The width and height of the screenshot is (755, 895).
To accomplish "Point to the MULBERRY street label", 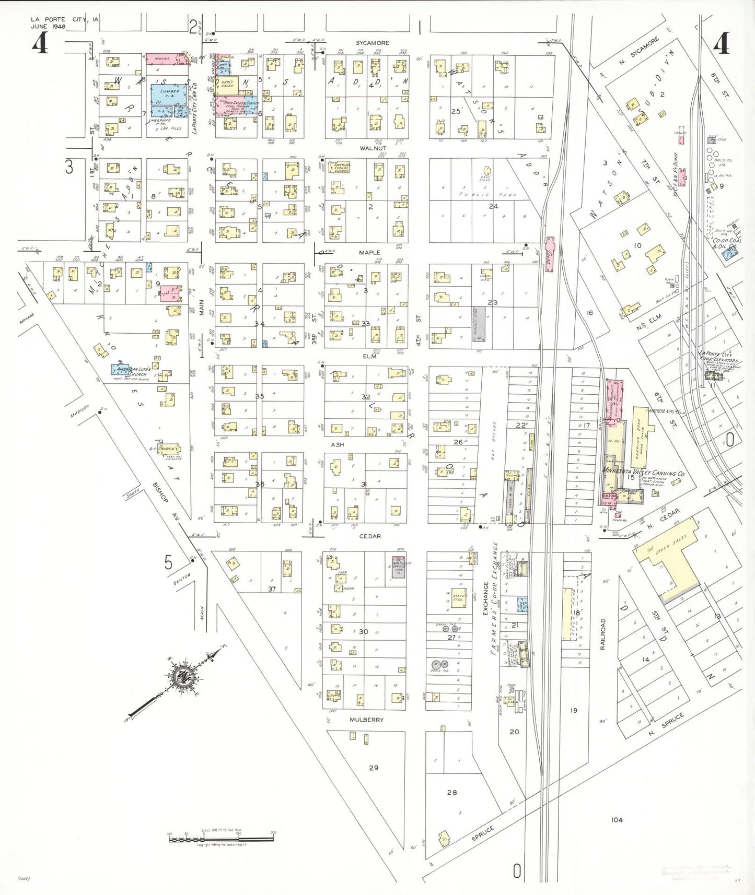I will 366,720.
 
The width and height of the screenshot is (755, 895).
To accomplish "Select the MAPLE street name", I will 369,253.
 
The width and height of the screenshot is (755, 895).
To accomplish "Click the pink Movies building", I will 166,59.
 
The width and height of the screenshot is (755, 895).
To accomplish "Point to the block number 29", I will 373,768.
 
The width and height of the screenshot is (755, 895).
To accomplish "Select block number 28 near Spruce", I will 452,792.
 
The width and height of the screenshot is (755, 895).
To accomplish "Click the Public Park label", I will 487,194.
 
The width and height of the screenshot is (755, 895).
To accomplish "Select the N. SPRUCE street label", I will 666,725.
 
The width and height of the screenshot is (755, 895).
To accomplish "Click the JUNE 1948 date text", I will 48,27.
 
